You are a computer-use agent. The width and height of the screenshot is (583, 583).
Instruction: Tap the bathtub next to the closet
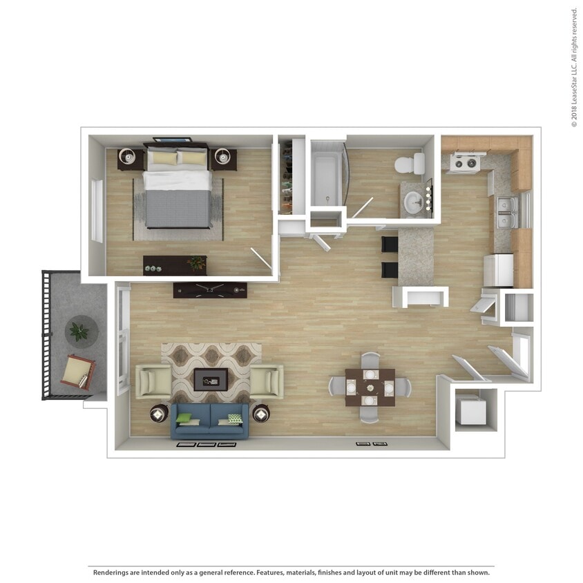pos(326,180)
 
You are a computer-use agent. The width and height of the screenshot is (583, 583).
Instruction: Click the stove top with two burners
pos(465,163)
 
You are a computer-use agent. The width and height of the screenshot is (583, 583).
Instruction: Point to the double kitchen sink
pos(506,212)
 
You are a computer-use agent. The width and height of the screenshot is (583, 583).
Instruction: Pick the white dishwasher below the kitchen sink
pos(498,270)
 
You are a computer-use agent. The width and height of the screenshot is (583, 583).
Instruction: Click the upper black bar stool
pos(390,245)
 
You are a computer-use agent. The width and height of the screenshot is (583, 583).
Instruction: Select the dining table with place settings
pos(370,387)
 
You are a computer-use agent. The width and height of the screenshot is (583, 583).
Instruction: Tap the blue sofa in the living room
pos(210,421)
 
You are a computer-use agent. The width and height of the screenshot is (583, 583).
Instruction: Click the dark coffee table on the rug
pos(211,379)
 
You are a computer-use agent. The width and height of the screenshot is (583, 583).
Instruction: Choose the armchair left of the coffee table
pos(153,381)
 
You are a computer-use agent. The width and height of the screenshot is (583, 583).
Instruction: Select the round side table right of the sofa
pos(261,414)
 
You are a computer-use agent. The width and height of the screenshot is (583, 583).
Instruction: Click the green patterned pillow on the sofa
pos(235,419)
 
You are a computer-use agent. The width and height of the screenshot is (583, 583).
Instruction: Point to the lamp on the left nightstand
pos(129,157)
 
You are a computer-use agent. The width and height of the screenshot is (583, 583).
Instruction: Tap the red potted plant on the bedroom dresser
pos(198,262)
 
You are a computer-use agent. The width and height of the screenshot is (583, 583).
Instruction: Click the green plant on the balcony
pos(80,332)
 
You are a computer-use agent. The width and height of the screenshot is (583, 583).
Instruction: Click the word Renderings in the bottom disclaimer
pos(115,573)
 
